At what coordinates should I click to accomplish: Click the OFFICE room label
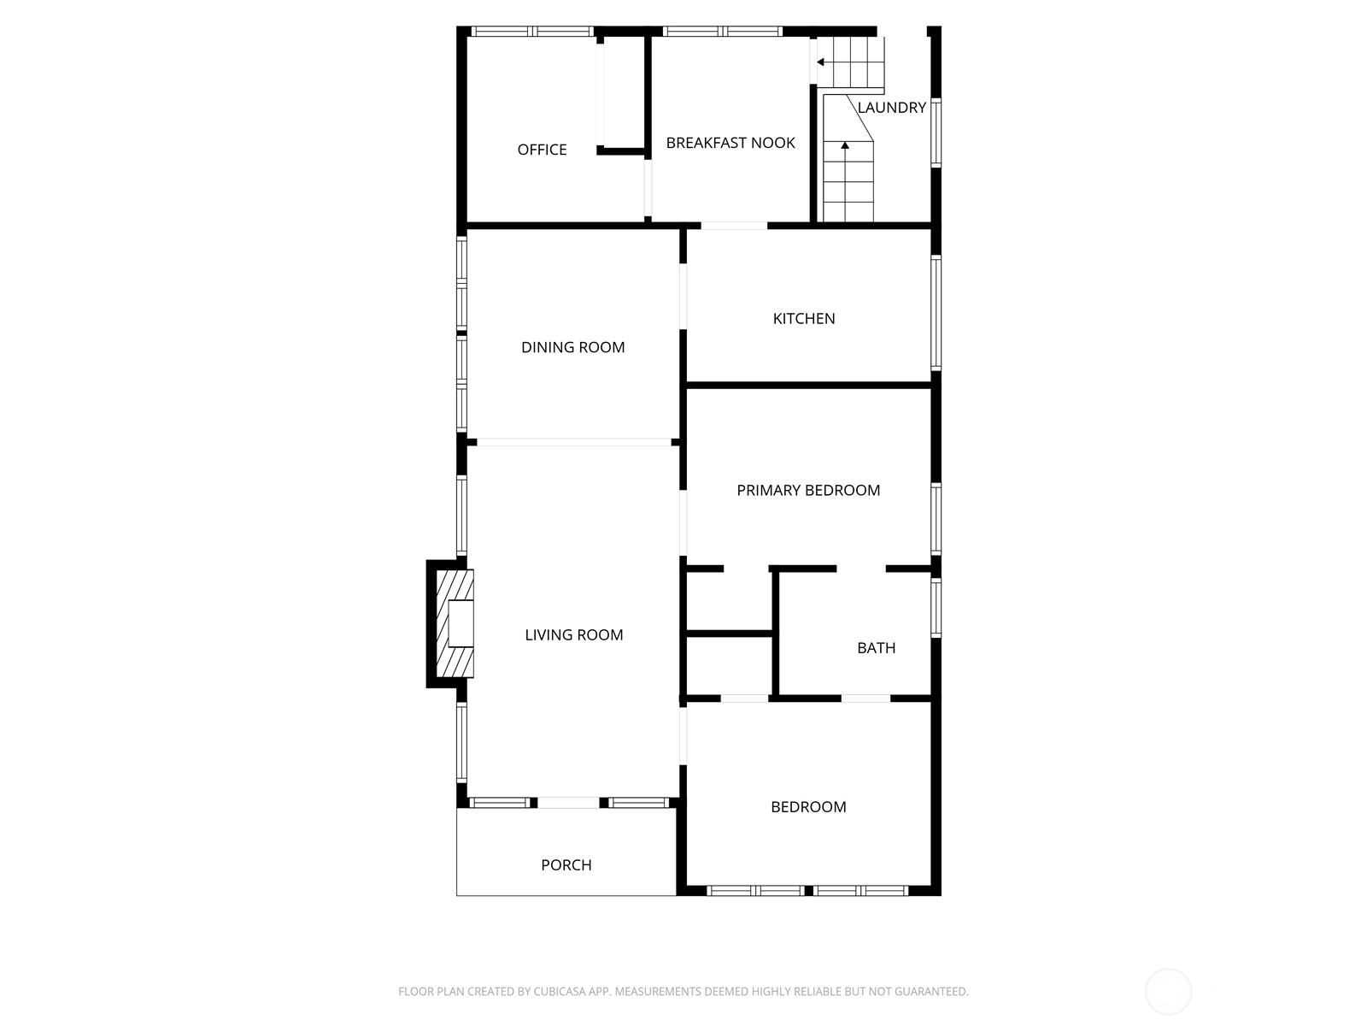542,150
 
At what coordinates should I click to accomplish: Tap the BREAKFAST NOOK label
730,143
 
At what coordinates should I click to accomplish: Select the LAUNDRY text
891,108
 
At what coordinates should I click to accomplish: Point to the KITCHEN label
803,318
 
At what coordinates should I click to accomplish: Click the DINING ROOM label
572,347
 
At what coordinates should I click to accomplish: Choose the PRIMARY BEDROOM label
807,490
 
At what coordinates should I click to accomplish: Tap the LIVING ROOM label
573,634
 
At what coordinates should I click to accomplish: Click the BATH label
876,648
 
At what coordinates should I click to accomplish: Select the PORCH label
566,864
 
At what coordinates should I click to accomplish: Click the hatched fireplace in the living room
455,623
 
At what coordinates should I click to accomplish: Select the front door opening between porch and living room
569,802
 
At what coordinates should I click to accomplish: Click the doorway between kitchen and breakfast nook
734,226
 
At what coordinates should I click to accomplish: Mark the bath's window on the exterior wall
936,607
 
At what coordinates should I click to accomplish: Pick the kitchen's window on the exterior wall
936,312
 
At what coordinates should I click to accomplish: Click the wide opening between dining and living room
573,442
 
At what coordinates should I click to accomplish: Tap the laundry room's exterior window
936,133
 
